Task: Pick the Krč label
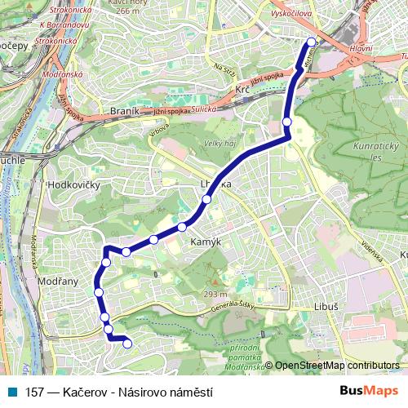pyautogui.click(x=242, y=89)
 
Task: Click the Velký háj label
pyautogui.click(x=214, y=144)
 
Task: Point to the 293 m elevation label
pyautogui.click(x=215, y=295)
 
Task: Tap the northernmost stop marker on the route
pyautogui.click(x=311, y=42)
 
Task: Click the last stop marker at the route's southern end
pyautogui.click(x=127, y=344)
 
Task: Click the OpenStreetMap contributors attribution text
pyautogui.click(x=336, y=366)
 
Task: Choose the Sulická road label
pyautogui.click(x=203, y=109)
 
